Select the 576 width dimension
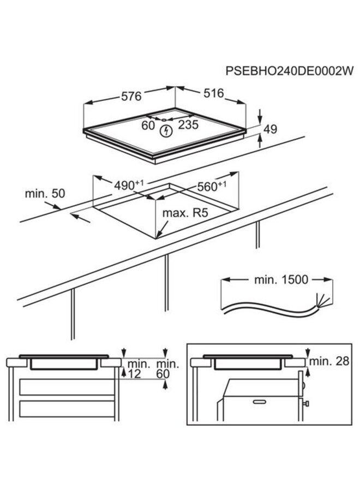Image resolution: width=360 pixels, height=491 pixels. [131, 97]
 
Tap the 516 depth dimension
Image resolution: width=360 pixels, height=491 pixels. [213, 93]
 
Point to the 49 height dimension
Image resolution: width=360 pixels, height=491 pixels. [271, 129]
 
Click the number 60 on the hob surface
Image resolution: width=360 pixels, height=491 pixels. [148, 125]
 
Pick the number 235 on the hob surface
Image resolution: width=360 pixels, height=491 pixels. [188, 125]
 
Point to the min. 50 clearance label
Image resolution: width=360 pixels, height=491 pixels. [45, 194]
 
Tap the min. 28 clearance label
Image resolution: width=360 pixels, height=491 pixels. [329, 361]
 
